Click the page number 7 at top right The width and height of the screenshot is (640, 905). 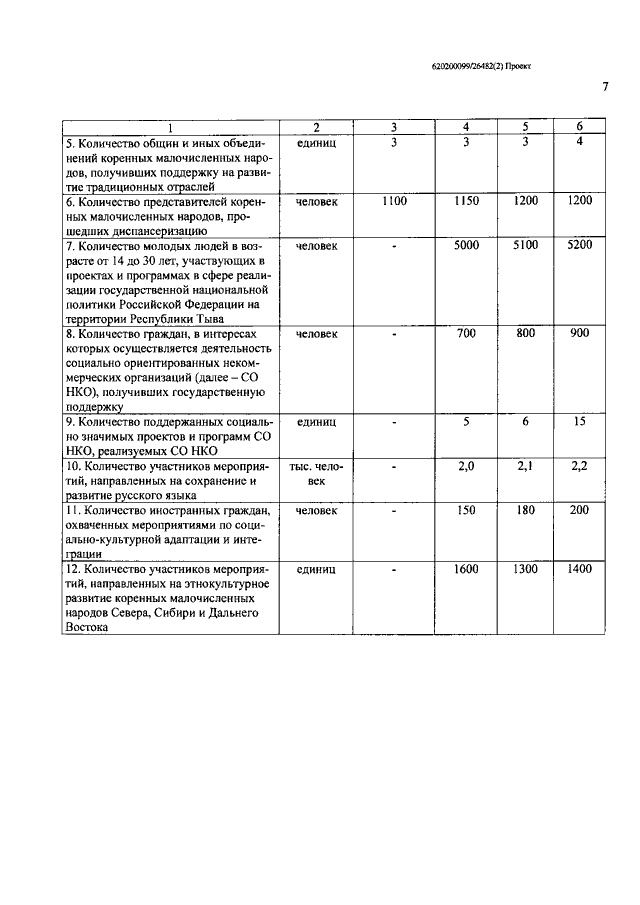pos(605,87)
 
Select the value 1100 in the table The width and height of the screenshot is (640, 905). pos(394,201)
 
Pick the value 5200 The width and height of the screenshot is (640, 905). pos(579,245)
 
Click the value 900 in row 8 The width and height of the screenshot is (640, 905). pos(579,333)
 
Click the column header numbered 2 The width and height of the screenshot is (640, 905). pos(316,127)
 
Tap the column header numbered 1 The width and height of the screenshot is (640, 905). pos(169,127)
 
